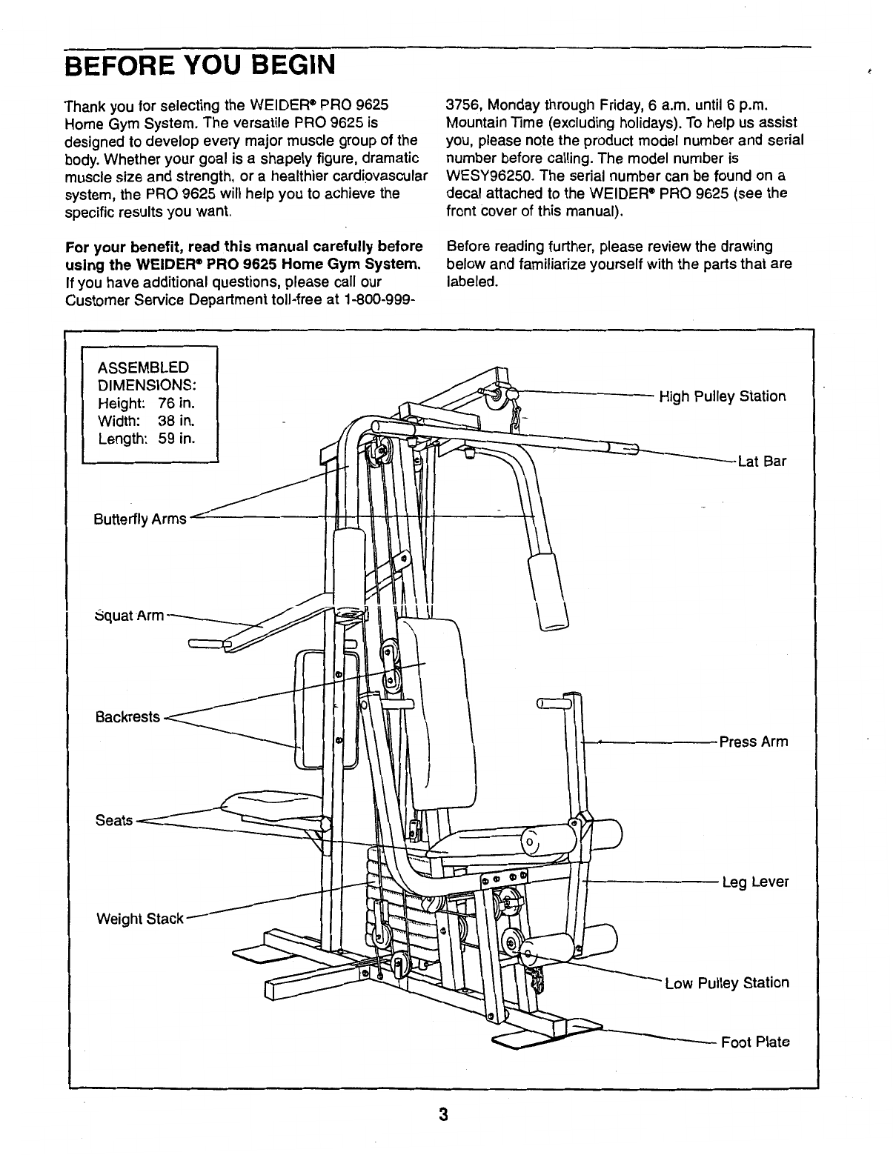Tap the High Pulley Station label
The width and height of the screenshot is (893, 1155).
point(722,396)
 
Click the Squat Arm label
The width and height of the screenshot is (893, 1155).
point(130,615)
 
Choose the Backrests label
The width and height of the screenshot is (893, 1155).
point(127,717)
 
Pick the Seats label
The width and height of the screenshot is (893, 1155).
point(114,820)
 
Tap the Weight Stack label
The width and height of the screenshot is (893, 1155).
point(139,919)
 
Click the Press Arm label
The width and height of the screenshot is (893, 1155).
point(754,742)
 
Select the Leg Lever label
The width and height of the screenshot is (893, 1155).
point(756,882)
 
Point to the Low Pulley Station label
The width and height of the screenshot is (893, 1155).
point(727,983)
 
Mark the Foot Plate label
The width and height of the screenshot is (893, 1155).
point(755,1042)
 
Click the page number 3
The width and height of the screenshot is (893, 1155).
point(442,1115)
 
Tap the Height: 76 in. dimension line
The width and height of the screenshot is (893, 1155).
point(146,404)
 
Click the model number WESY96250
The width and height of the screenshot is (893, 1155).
point(491,176)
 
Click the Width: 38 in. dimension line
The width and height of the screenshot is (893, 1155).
point(146,422)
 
